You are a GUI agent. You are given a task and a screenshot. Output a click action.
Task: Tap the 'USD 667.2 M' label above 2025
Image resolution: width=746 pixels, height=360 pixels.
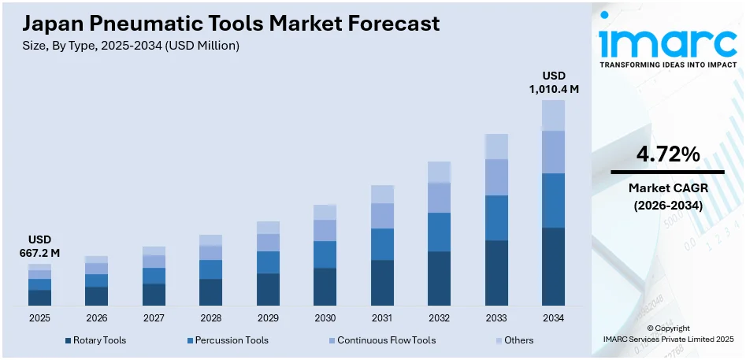tap(39, 246)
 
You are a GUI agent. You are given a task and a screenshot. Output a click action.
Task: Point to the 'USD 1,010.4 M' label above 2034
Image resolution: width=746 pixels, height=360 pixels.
tap(553, 82)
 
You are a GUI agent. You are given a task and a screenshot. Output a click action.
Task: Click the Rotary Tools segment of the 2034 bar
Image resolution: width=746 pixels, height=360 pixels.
tap(553, 266)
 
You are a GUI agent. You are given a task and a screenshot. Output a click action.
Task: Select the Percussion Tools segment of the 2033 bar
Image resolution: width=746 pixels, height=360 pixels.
tap(496, 217)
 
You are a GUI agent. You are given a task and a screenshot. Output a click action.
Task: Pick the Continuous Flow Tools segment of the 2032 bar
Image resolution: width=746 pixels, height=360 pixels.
tap(439, 197)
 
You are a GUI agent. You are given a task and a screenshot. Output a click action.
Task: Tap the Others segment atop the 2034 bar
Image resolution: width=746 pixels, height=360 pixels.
tap(553, 115)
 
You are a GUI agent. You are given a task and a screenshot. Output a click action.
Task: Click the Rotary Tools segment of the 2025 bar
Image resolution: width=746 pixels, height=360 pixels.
tap(39, 297)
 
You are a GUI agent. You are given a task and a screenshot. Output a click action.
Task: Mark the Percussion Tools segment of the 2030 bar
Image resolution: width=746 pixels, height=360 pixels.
tap(325, 254)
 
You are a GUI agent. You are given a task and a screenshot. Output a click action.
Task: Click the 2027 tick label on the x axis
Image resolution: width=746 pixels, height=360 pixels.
tap(154, 318)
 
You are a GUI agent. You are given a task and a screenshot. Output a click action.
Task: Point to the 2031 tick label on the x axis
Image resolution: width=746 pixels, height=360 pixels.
tap(382, 318)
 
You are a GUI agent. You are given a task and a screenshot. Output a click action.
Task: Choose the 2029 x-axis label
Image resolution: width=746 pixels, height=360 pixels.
tap(268, 318)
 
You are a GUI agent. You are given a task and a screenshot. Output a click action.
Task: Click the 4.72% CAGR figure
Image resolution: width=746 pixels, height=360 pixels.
tap(667, 155)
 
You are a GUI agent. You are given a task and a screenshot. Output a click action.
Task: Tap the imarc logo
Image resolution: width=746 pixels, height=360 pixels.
tap(667, 43)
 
